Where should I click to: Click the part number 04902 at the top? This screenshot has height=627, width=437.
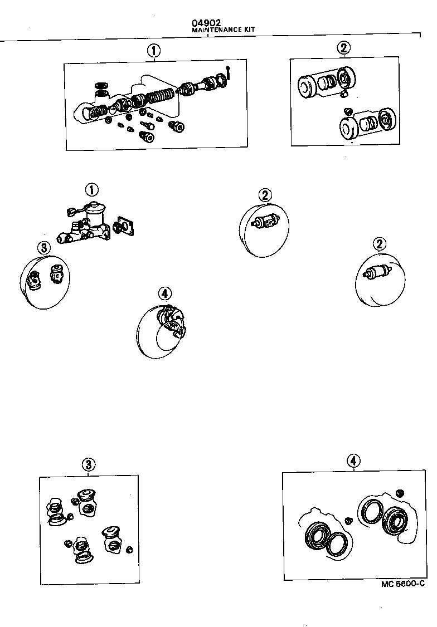pyautogui.click(x=203, y=23)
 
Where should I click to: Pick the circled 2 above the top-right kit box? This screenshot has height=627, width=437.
pyautogui.click(x=344, y=48)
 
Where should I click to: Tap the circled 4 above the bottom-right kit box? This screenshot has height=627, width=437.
pyautogui.click(x=353, y=461)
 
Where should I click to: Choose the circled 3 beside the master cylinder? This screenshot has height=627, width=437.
pyautogui.click(x=45, y=247)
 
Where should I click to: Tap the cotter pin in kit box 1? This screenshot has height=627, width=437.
pyautogui.click(x=229, y=71)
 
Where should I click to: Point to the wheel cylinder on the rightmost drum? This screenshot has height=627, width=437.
pyautogui.click(x=378, y=273)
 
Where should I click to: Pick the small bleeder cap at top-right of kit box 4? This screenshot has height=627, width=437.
pyautogui.click(x=399, y=492)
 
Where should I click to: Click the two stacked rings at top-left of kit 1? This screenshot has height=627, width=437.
pyautogui.click(x=101, y=89)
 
